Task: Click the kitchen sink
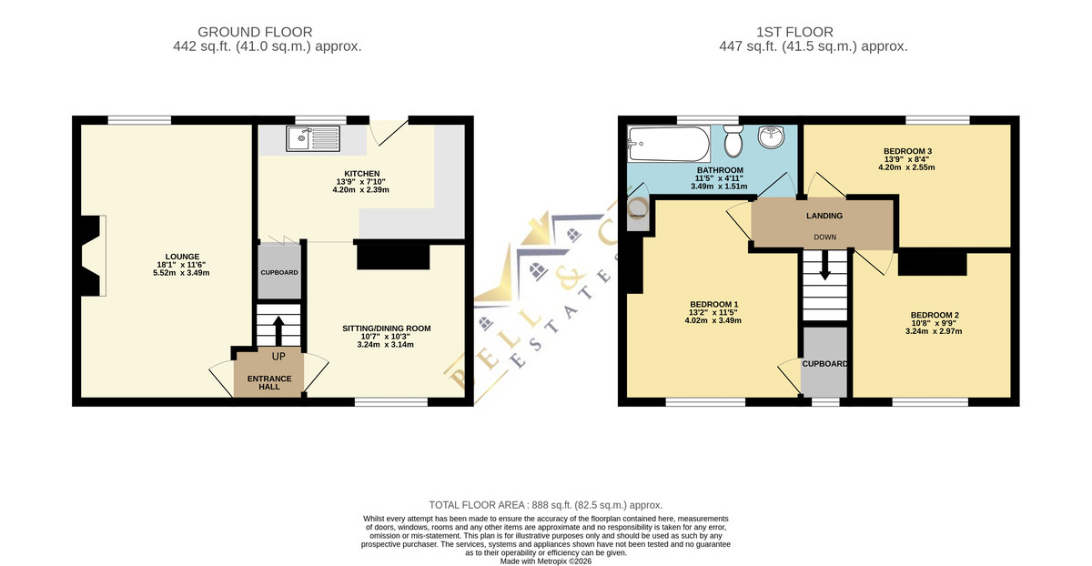(x=312, y=138)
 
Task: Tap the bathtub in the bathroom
(x=669, y=144)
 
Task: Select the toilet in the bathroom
(x=733, y=141)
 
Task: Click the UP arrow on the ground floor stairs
(x=278, y=331)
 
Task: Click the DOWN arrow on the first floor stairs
(x=824, y=265)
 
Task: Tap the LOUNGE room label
(x=182, y=257)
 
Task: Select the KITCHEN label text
(x=362, y=174)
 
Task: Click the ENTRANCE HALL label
(x=269, y=383)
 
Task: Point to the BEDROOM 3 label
(x=907, y=151)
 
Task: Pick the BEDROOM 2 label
(x=935, y=315)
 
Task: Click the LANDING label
(x=824, y=216)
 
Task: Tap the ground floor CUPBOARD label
(x=279, y=272)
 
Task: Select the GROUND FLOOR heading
(x=255, y=32)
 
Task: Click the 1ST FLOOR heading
(x=794, y=32)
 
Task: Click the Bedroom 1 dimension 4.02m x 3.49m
(x=713, y=320)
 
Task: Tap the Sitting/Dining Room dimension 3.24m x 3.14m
(x=386, y=345)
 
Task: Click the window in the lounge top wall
(x=139, y=120)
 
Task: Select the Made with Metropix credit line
(x=546, y=561)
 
